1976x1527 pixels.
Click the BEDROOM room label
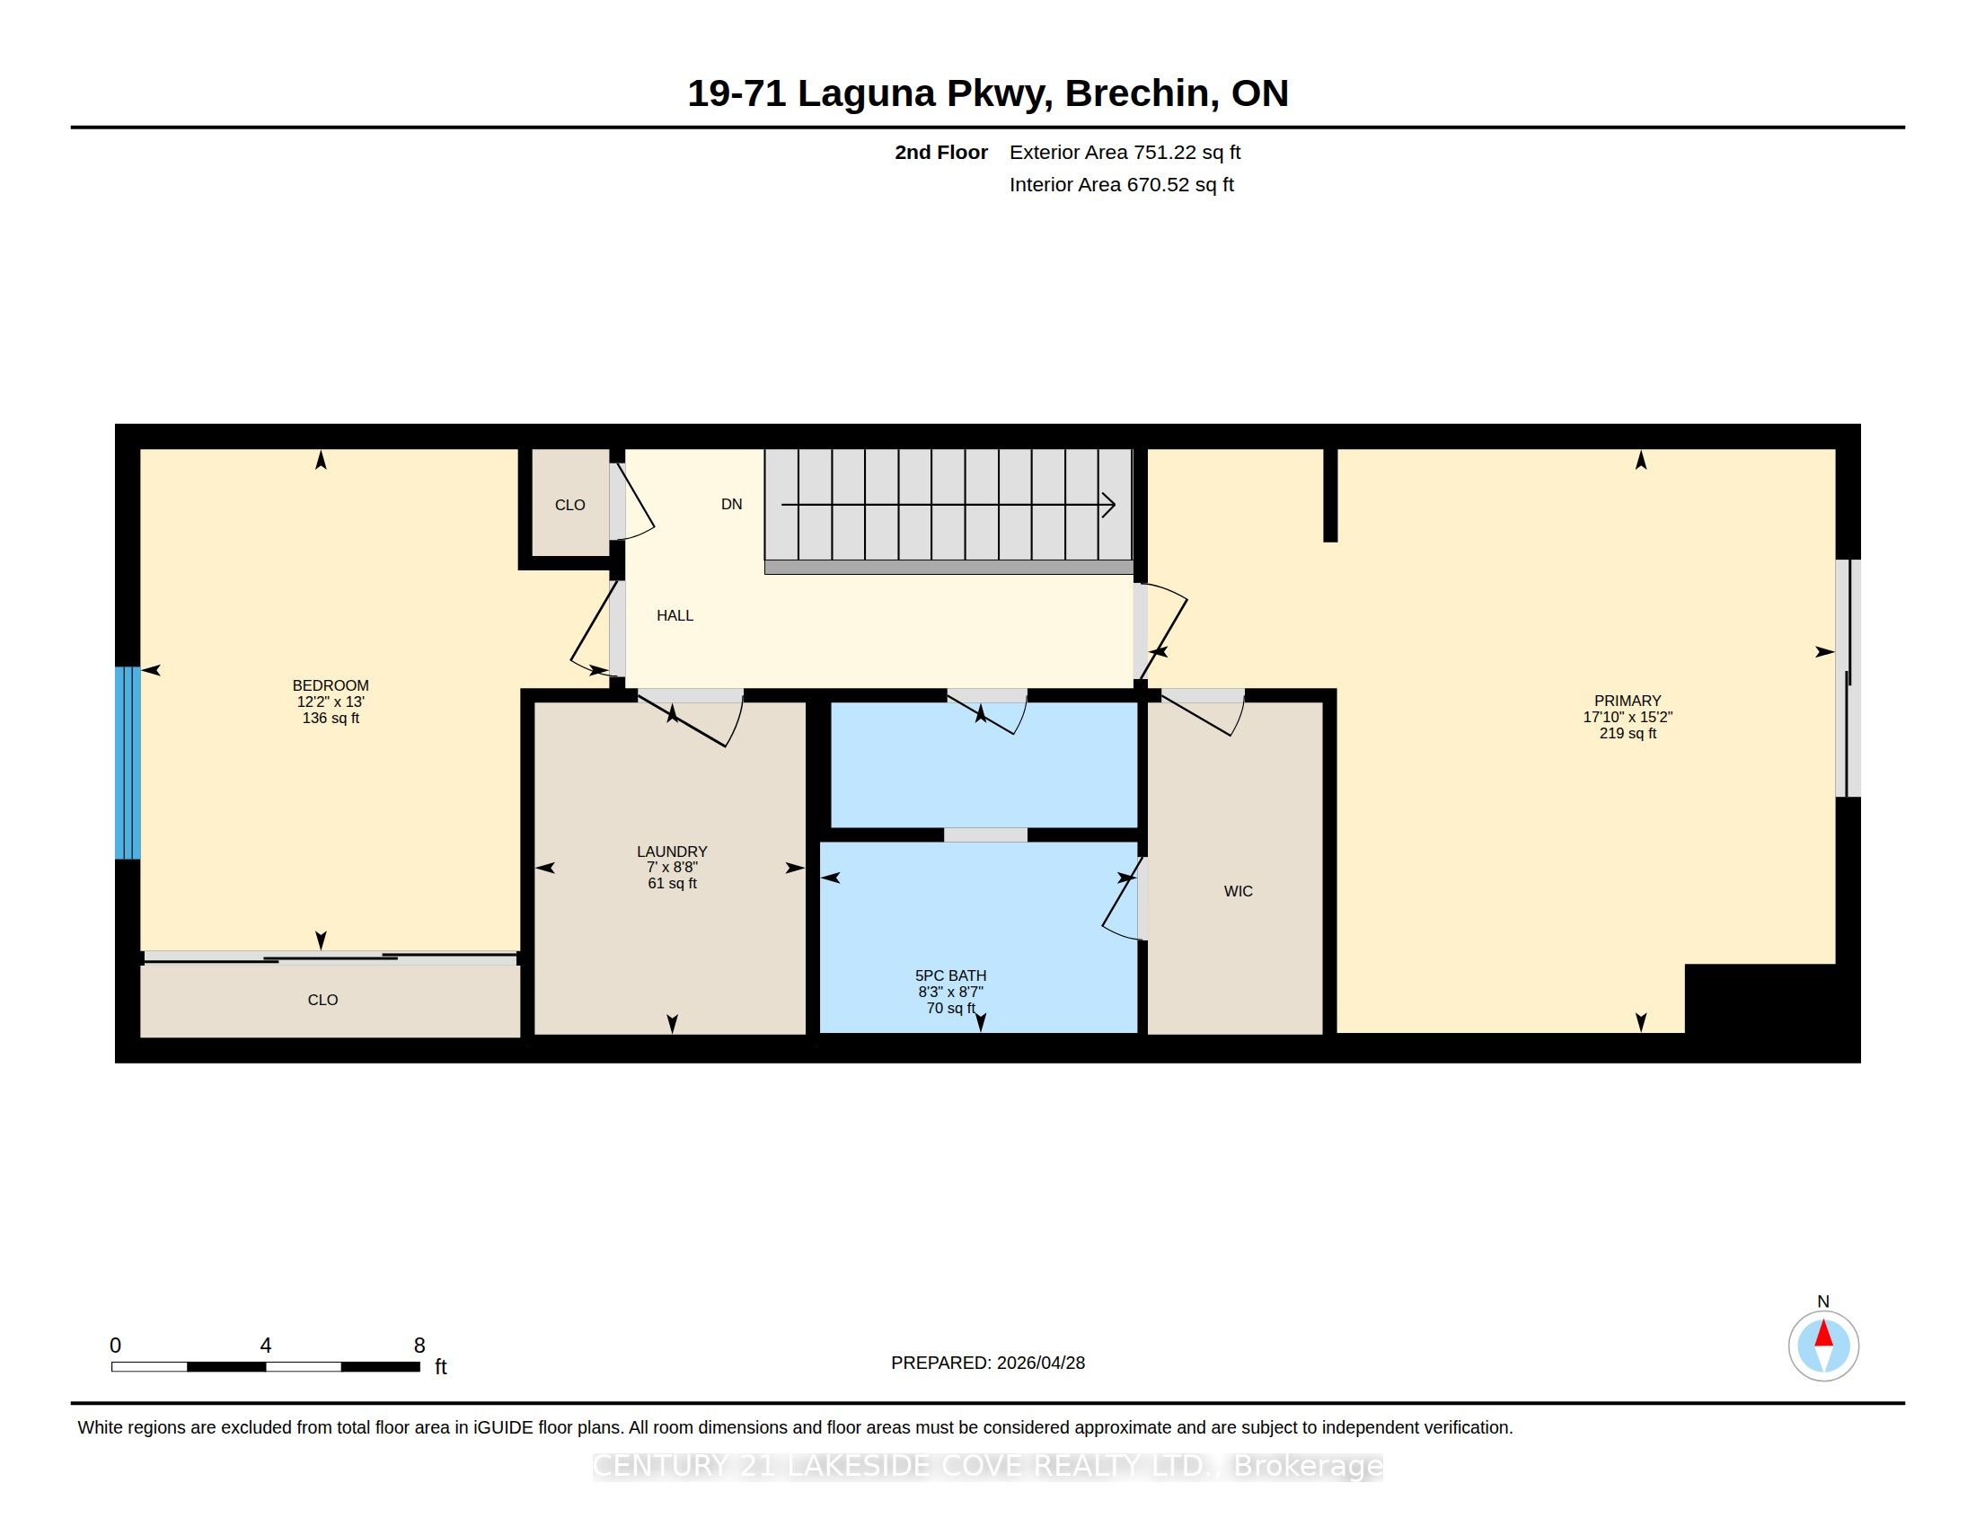coord(331,685)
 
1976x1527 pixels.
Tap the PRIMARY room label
coord(1628,702)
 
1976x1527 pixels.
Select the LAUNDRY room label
coord(672,852)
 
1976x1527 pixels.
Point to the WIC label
coord(1239,891)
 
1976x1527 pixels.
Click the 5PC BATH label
coord(951,975)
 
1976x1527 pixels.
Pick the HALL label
coord(675,615)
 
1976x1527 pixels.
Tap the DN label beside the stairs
coord(732,504)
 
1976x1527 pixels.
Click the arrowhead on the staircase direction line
coord(1108,504)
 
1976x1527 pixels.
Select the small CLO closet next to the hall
coord(570,504)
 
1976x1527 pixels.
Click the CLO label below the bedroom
coord(323,1000)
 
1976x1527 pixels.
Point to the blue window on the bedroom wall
coord(128,763)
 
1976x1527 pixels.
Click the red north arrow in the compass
coord(1824,1333)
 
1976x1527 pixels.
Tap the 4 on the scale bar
coord(266,1346)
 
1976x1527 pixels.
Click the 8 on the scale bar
coord(419,1346)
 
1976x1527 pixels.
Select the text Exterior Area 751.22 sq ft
coord(1125,152)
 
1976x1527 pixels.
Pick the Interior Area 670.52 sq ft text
coord(1121,184)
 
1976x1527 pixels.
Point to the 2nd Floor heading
coord(941,152)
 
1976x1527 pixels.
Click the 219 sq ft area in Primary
coord(1628,734)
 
